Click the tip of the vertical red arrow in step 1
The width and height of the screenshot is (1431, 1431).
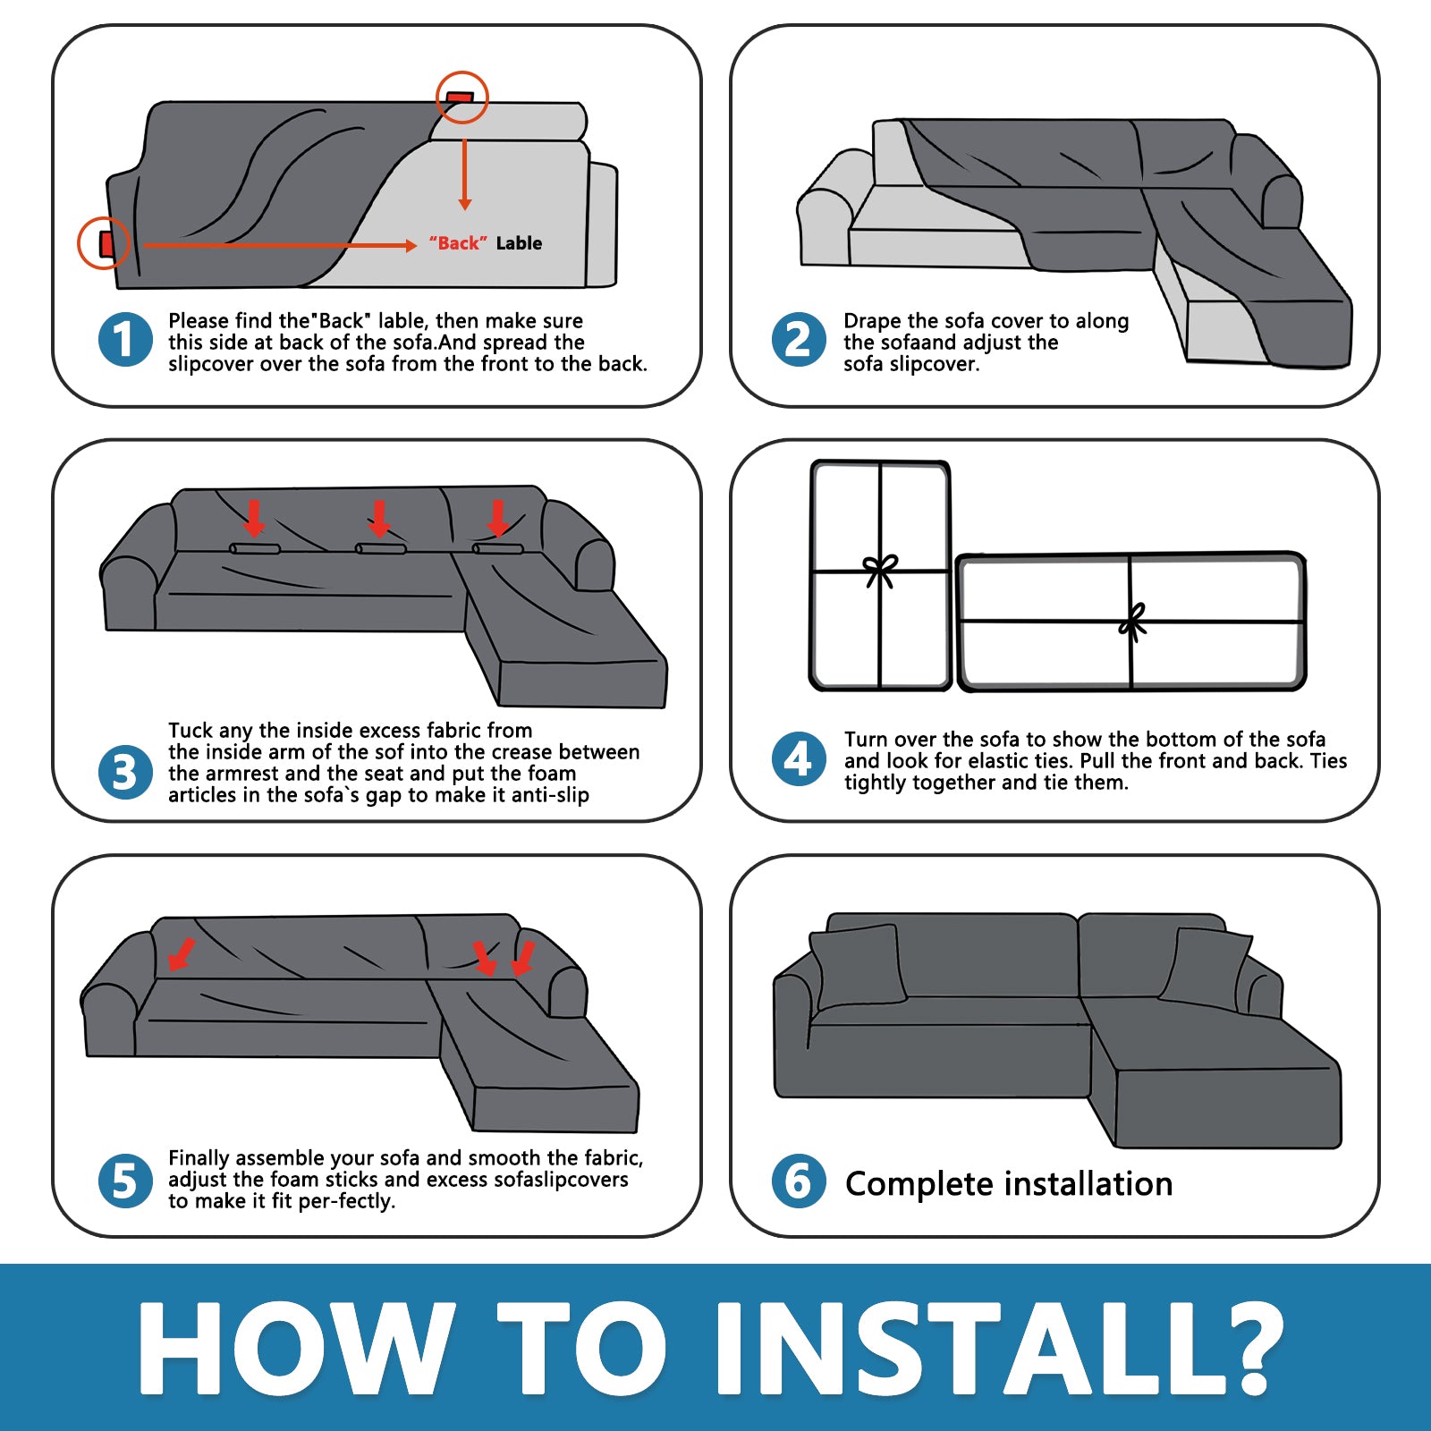pyautogui.click(x=464, y=209)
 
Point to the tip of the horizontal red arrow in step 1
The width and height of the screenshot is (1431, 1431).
pyautogui.click(x=416, y=245)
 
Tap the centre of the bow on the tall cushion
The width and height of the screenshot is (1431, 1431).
pyautogui.click(x=881, y=570)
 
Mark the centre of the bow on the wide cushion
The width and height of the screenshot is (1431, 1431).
pyautogui.click(x=1132, y=622)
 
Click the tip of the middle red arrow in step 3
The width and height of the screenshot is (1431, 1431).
pyautogui.click(x=380, y=536)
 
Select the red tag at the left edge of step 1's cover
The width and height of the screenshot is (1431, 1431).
pyautogui.click(x=106, y=243)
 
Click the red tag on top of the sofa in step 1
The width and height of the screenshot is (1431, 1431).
pyautogui.click(x=461, y=96)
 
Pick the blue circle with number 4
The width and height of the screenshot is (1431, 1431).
pyautogui.click(x=799, y=759)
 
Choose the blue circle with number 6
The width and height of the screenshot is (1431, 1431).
pyautogui.click(x=799, y=1181)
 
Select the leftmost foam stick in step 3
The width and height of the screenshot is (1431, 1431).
pyautogui.click(x=255, y=548)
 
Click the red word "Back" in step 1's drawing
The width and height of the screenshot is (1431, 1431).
pyautogui.click(x=458, y=243)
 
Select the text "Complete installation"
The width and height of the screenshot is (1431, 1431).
pyautogui.click(x=1009, y=1183)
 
